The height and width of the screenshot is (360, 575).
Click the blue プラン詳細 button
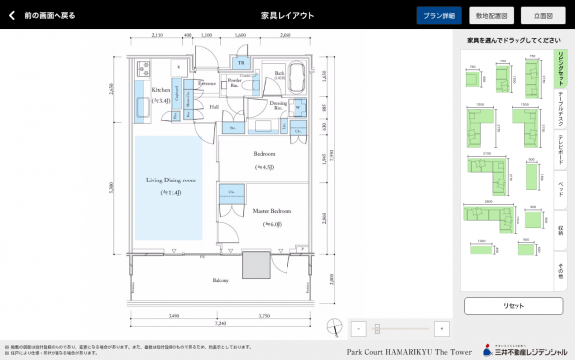[438, 16]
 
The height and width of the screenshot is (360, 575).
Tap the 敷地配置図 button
[491, 16]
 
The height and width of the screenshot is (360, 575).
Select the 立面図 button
[542, 16]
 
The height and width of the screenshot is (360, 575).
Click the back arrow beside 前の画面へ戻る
[12, 16]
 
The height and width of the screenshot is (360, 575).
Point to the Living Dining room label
[172, 182]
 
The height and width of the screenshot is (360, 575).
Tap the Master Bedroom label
[272, 211]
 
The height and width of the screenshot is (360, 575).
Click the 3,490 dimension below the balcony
[173, 316]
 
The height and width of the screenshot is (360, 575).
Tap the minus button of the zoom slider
[360, 328]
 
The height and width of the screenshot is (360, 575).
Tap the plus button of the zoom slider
[441, 328]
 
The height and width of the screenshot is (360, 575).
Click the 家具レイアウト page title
[287, 16]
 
